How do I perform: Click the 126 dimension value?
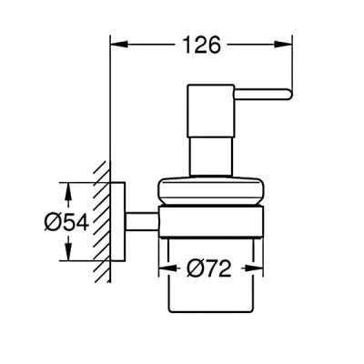(x=202, y=45)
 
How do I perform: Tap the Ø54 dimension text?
(x=66, y=222)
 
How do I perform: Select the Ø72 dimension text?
(x=209, y=268)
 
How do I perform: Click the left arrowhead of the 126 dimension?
(x=118, y=45)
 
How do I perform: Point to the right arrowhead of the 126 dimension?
(x=284, y=45)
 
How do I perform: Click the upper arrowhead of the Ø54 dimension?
(x=69, y=191)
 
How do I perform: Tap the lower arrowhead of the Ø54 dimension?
(x=69, y=252)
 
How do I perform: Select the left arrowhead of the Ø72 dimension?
(x=167, y=268)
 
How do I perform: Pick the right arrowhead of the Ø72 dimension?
(x=255, y=268)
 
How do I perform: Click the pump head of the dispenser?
(x=211, y=110)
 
